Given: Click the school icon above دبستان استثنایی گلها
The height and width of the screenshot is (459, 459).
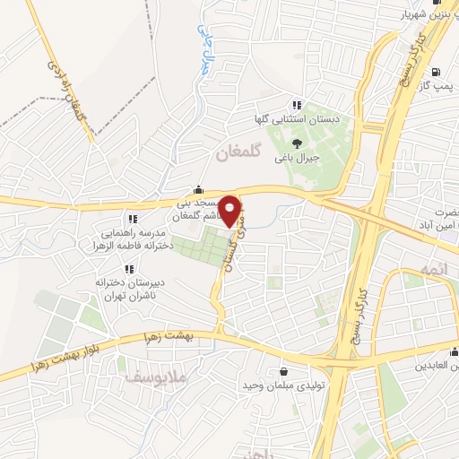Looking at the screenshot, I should tap(296, 105).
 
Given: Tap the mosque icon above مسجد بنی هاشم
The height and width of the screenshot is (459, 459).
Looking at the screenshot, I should tap(198, 190).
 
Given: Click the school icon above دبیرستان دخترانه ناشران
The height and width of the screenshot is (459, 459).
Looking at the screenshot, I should tap(130, 268).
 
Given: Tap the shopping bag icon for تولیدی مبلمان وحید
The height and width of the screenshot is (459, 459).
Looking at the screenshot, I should tap(284, 371).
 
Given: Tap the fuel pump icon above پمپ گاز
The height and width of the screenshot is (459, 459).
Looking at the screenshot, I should tap(435, 73).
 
